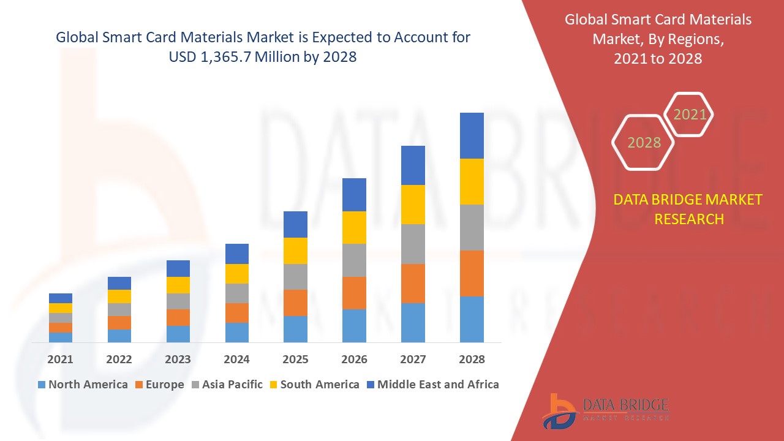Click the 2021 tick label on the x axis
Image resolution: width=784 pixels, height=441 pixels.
(x=60, y=359)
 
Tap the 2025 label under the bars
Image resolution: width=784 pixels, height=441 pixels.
(x=295, y=359)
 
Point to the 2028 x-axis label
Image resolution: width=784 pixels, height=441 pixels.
(x=472, y=359)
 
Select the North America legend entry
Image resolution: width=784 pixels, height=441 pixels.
(x=83, y=385)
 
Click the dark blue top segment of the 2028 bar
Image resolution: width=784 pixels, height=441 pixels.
(x=472, y=135)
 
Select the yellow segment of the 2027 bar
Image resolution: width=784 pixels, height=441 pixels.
(x=413, y=204)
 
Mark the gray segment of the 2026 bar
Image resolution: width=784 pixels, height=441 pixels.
(x=354, y=260)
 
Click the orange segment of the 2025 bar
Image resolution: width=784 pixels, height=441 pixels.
(x=295, y=303)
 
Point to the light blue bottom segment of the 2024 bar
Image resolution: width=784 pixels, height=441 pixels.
(x=237, y=332)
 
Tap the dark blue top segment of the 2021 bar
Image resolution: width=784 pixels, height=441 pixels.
(x=61, y=298)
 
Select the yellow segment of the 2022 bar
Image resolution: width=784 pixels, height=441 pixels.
(x=119, y=296)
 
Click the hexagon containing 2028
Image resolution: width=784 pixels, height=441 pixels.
(x=643, y=142)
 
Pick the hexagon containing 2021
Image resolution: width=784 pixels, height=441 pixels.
(x=689, y=114)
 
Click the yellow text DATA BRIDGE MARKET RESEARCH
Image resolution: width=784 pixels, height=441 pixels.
(x=688, y=209)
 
